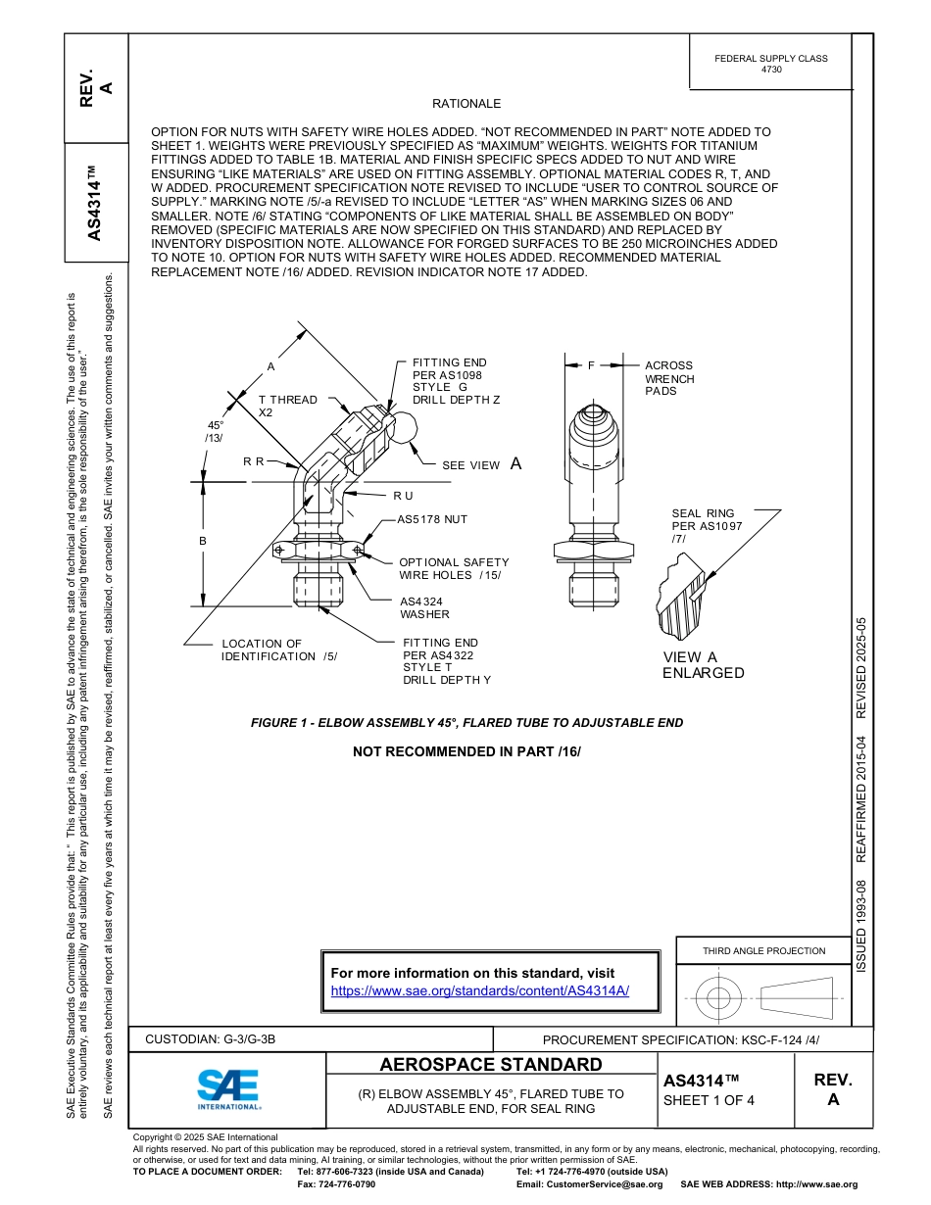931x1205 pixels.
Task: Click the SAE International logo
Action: pyautogui.click(x=227, y=1088)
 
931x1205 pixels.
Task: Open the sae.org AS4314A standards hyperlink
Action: pyautogui.click(x=480, y=990)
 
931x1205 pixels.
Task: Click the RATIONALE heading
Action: pyautogui.click(x=466, y=104)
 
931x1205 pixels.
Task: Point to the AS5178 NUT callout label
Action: pyautogui.click(x=432, y=519)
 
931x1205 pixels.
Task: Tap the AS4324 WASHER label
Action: pyautogui.click(x=424, y=608)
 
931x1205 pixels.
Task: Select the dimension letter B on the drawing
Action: pyautogui.click(x=203, y=541)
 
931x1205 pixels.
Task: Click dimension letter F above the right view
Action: pyautogui.click(x=591, y=365)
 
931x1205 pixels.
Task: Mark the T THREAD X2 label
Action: pyautogui.click(x=287, y=406)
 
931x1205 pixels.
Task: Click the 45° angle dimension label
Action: pyautogui.click(x=215, y=431)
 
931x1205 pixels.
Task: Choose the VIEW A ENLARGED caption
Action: pyautogui.click(x=703, y=665)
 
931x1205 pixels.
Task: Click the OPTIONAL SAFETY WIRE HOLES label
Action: pyautogui.click(x=453, y=569)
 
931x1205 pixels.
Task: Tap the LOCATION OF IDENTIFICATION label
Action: pyautogui.click(x=279, y=651)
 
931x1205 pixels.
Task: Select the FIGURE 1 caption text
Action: pyautogui.click(x=466, y=723)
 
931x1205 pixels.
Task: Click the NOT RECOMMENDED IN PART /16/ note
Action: pyautogui.click(x=466, y=751)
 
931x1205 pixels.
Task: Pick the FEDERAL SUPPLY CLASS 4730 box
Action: pyautogui.click(x=770, y=64)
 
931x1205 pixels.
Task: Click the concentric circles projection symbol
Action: pyautogui.click(x=719, y=997)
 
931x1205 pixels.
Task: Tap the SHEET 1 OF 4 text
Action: pyautogui.click(x=710, y=1100)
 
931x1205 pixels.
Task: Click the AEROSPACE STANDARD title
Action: pyautogui.click(x=491, y=1065)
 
